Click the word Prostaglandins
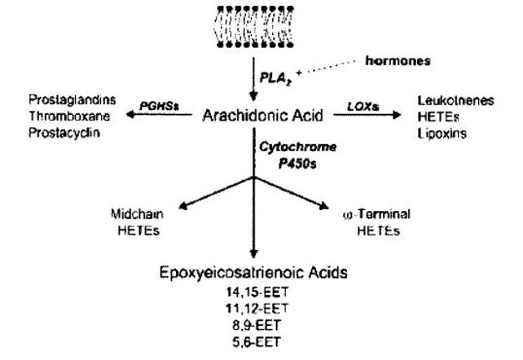[71, 100]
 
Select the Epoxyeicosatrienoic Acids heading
[255, 274]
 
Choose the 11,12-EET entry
[255, 308]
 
